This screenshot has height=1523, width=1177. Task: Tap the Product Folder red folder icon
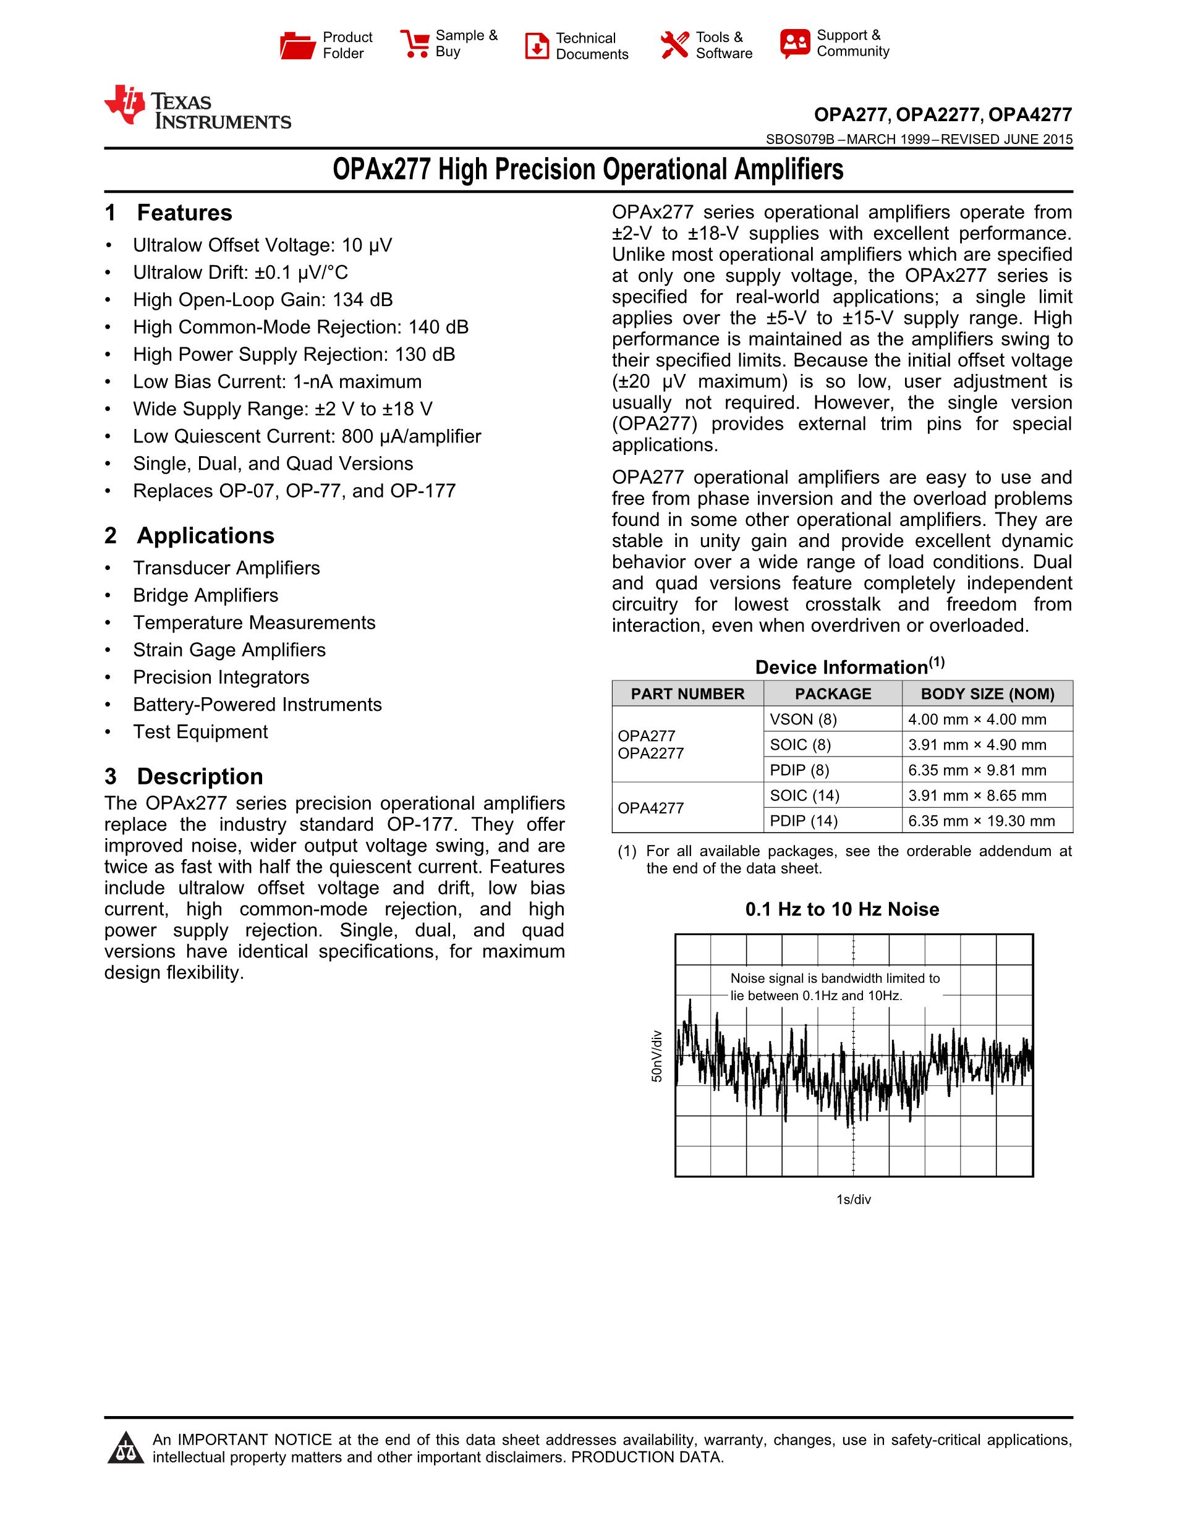pyautogui.click(x=298, y=45)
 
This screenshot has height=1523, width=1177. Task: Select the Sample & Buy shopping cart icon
pyautogui.click(x=415, y=44)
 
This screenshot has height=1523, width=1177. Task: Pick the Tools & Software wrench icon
pyautogui.click(x=674, y=45)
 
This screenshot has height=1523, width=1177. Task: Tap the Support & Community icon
pyautogui.click(x=795, y=44)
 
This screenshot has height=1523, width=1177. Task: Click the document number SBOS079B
pyautogui.click(x=800, y=140)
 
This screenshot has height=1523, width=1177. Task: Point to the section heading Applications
pyautogui.click(x=205, y=535)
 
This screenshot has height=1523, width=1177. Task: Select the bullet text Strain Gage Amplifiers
pyautogui.click(x=229, y=650)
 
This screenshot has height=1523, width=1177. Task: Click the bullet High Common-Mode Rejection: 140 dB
pyautogui.click(x=300, y=327)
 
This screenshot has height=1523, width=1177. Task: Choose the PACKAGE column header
pyautogui.click(x=833, y=694)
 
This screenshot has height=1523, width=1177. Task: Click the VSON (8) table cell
pyautogui.click(x=803, y=719)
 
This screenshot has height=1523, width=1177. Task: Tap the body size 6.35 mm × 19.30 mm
pyautogui.click(x=981, y=821)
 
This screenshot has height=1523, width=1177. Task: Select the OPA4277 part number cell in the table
pyautogui.click(x=650, y=808)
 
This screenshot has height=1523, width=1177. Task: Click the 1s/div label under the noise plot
pyautogui.click(x=854, y=1200)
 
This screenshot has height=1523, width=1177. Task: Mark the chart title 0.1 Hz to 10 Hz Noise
pyautogui.click(x=841, y=909)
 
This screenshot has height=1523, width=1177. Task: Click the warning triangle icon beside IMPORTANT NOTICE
pyautogui.click(x=126, y=1448)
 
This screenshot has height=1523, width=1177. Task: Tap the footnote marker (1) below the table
pyautogui.click(x=627, y=852)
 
